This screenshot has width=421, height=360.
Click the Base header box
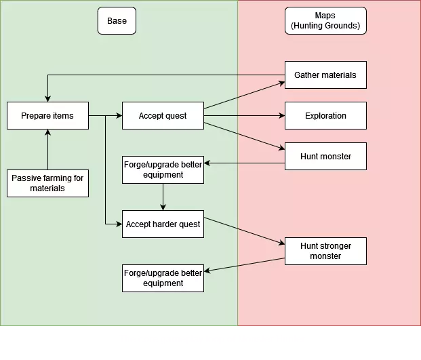pyautogui.click(x=117, y=21)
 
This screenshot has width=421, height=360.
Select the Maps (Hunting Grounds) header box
pyautogui.click(x=325, y=21)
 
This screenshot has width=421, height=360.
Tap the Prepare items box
pyautogui.click(x=47, y=116)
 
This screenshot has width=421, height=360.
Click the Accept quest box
pyautogui.click(x=163, y=116)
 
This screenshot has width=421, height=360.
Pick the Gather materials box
pyautogui.click(x=325, y=75)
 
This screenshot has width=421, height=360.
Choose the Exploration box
pyautogui.click(x=325, y=116)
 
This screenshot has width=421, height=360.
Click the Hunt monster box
pyautogui.click(x=325, y=157)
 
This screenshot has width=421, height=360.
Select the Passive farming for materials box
pyautogui.click(x=47, y=183)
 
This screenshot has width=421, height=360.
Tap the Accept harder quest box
pyautogui.click(x=163, y=224)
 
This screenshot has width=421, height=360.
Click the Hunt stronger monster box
pyautogui.click(x=325, y=251)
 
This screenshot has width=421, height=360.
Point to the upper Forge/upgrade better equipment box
pyautogui.click(x=163, y=169)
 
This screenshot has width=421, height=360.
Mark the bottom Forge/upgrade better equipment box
pyautogui.click(x=163, y=278)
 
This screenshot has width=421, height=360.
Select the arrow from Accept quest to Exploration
pyautogui.click(x=244, y=116)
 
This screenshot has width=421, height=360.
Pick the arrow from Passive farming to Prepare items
pyautogui.click(x=47, y=149)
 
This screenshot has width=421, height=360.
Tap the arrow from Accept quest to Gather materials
pyautogui.click(x=244, y=95)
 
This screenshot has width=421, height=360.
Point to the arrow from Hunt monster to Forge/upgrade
pyautogui.click(x=244, y=163)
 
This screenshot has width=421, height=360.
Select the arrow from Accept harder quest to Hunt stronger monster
pyautogui.click(x=244, y=231)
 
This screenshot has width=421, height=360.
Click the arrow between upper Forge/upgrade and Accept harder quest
pyautogui.click(x=163, y=197)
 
